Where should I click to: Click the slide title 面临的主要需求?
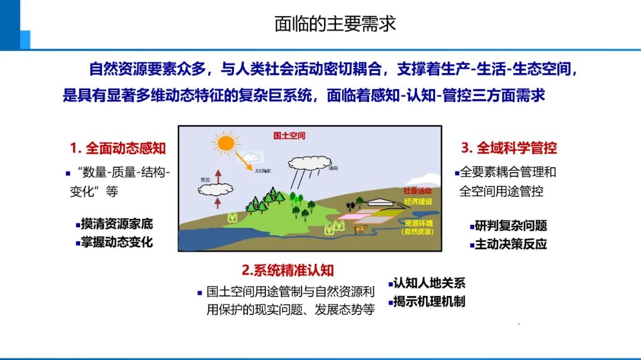click(335, 24)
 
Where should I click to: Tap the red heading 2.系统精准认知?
click(288, 270)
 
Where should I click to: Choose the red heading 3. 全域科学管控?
click(509, 148)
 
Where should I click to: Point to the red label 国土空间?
click(290, 136)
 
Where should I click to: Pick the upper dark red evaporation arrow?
click(217, 176)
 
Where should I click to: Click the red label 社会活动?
click(417, 192)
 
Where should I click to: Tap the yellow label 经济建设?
click(417, 202)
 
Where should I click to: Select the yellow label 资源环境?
click(418, 223)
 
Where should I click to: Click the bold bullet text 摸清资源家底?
click(117, 224)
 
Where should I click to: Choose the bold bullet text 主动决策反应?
click(510, 244)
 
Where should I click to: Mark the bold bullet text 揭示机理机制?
click(429, 301)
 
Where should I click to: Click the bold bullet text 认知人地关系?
click(429, 283)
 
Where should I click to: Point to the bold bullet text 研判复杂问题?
click(510, 225)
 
